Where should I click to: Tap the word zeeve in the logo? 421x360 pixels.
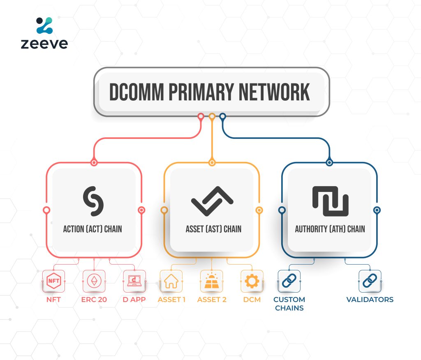point(44,43)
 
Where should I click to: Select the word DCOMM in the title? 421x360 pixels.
point(134,92)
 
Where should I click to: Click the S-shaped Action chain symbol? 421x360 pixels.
point(94,201)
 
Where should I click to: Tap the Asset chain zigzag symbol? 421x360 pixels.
point(212,201)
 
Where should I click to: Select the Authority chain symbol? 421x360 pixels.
point(330,201)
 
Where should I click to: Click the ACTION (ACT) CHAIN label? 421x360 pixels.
point(93,229)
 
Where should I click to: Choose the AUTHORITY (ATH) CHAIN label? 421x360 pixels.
point(330,229)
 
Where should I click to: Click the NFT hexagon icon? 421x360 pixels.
point(54,281)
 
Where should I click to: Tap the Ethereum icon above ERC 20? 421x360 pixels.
point(94,281)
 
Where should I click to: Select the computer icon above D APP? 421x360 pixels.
point(134,281)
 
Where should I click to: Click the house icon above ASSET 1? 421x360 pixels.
point(171,281)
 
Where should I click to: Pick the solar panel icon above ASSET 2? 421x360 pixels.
point(211,281)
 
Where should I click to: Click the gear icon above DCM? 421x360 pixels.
point(252,281)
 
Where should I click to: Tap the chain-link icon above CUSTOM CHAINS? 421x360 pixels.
point(289,281)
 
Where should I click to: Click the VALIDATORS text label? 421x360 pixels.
point(370,300)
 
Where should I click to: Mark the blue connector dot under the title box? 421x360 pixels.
point(222,116)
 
